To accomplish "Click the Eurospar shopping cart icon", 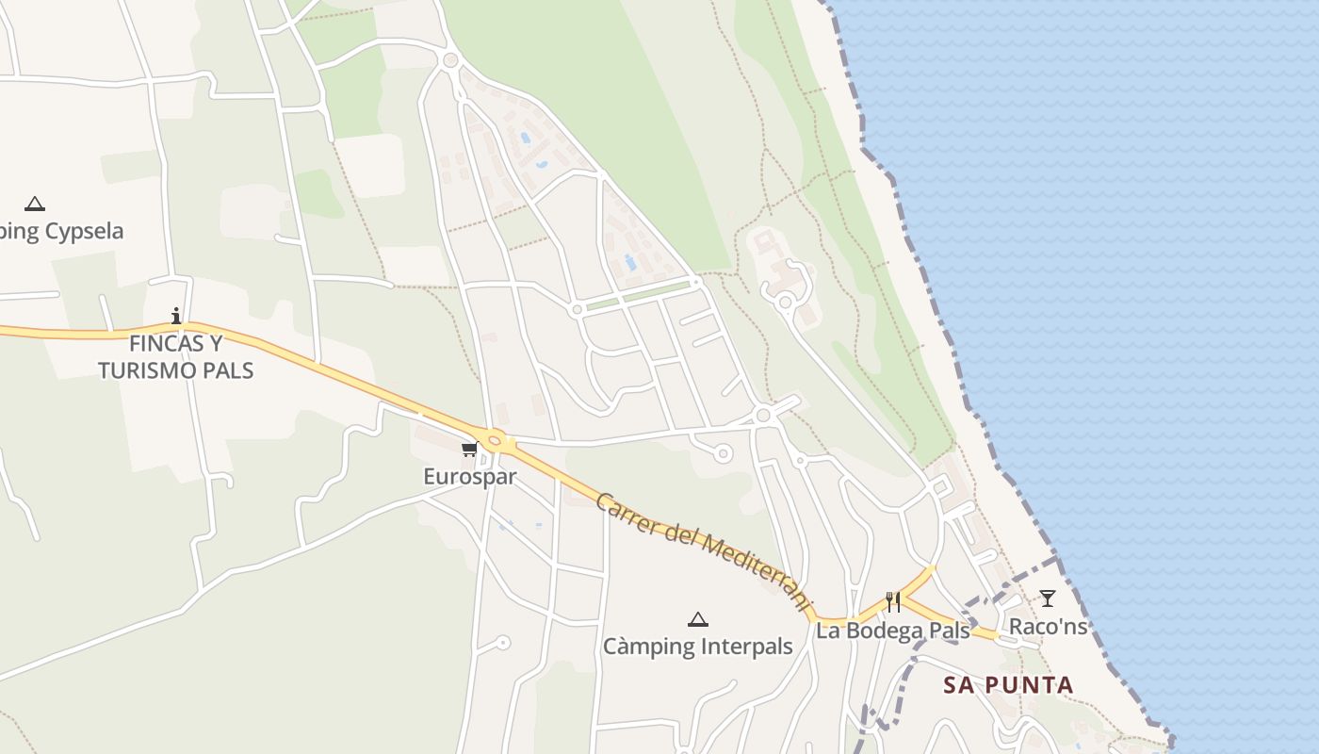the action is [469, 449].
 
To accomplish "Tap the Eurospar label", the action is [469, 477].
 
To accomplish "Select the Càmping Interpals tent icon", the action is [697, 619].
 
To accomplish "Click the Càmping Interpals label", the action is [697, 647].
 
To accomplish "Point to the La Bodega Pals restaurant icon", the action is [893, 601].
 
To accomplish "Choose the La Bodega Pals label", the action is [892, 631].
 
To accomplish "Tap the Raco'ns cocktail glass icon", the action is [1047, 598].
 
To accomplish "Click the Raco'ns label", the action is [1048, 626].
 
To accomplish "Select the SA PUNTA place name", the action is [1008, 685].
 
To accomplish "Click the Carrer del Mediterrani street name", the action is [703, 550].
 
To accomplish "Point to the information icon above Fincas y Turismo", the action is [176, 316].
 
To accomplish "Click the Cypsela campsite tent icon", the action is [35, 204].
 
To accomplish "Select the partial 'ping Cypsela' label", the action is [62, 232].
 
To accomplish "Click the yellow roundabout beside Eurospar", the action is [495, 440].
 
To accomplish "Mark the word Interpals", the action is [745, 647].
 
